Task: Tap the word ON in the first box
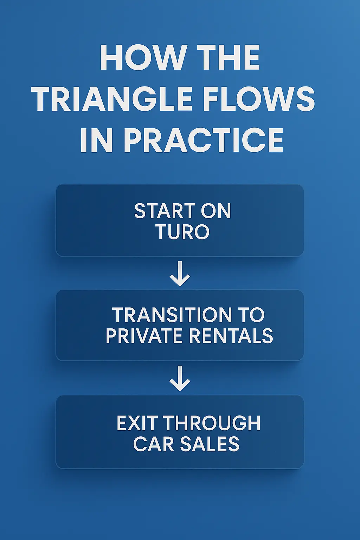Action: (216, 211)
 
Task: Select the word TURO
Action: (182, 232)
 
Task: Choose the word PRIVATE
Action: (144, 336)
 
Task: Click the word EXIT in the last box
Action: (137, 423)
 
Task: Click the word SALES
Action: (210, 444)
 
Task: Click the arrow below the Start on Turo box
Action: (180, 274)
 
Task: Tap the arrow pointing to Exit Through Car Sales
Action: (180, 379)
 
